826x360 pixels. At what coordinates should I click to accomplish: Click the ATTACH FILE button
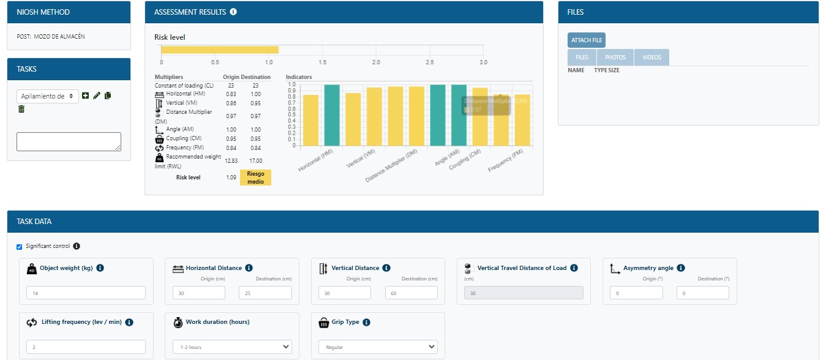586,40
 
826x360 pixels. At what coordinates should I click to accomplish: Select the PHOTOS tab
615,58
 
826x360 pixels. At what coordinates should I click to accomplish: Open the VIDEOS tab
651,58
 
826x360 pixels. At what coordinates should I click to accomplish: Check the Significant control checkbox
19,247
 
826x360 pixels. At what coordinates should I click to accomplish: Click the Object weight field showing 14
86,293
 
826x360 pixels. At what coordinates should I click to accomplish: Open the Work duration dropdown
232,347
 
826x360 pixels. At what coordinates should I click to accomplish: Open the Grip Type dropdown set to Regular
378,347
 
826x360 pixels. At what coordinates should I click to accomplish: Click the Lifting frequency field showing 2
86,347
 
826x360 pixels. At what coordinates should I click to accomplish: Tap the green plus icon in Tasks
85,96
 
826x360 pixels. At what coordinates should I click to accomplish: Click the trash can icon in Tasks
21,109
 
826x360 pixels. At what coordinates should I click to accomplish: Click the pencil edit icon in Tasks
96,96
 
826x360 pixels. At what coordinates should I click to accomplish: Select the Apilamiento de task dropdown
48,96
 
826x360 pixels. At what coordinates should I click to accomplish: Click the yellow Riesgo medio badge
255,178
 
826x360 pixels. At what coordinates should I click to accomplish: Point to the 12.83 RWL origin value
231,160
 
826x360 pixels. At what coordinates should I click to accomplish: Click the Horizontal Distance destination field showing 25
265,293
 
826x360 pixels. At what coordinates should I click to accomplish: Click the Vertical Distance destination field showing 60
411,293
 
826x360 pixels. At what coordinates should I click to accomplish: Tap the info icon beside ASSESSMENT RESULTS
233,12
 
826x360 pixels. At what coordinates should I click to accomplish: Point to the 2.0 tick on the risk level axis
376,62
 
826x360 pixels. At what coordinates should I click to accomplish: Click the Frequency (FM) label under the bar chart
506,161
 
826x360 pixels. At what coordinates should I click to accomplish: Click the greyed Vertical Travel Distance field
524,293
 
